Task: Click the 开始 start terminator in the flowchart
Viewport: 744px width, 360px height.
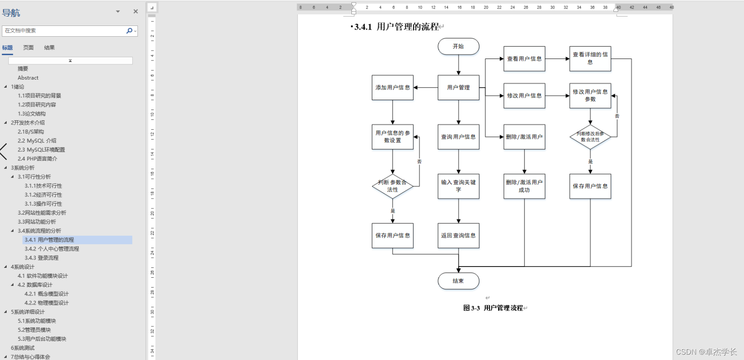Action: coord(458,47)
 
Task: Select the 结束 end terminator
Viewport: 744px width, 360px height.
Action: coord(458,281)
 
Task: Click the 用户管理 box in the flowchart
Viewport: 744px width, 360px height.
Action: coord(458,88)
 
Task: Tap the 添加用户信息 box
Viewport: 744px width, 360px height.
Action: coord(393,88)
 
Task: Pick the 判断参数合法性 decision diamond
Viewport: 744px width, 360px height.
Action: coord(393,186)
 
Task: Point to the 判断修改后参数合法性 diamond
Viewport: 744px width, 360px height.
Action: coord(590,137)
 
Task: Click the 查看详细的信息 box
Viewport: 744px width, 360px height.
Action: coord(590,59)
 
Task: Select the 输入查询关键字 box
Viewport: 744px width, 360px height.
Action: coord(458,186)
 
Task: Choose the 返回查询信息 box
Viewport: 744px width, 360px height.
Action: coord(458,236)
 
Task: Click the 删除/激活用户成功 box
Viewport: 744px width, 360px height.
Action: coord(524,186)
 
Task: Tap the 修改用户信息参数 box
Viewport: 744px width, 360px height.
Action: coord(590,96)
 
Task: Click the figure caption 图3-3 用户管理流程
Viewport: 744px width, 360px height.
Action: coord(493,308)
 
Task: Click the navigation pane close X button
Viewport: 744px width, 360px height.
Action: coord(135,12)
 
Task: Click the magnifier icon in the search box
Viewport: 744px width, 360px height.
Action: coord(129,31)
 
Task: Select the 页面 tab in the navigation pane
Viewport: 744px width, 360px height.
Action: coord(29,48)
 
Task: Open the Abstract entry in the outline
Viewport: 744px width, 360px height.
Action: coord(28,78)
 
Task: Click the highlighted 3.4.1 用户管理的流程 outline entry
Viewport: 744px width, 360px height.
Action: coord(49,240)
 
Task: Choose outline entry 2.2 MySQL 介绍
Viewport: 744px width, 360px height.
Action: coord(37,141)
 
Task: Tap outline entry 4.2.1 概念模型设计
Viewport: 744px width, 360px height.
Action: coord(46,294)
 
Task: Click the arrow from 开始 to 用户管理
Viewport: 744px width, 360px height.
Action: coord(458,65)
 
